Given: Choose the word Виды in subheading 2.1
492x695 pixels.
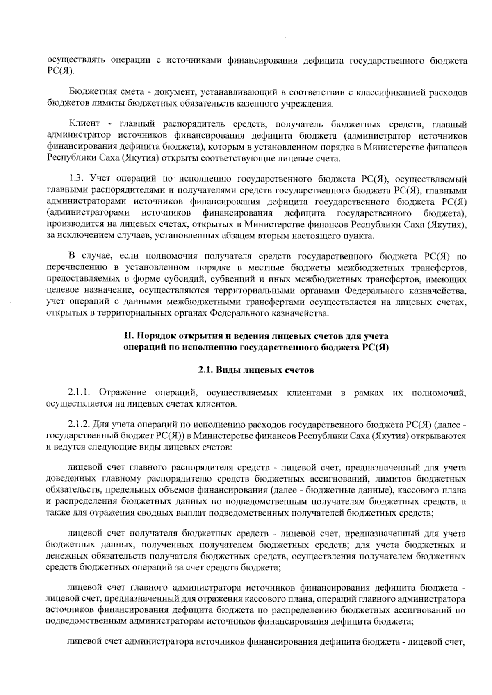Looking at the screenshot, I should click(x=228, y=370).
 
